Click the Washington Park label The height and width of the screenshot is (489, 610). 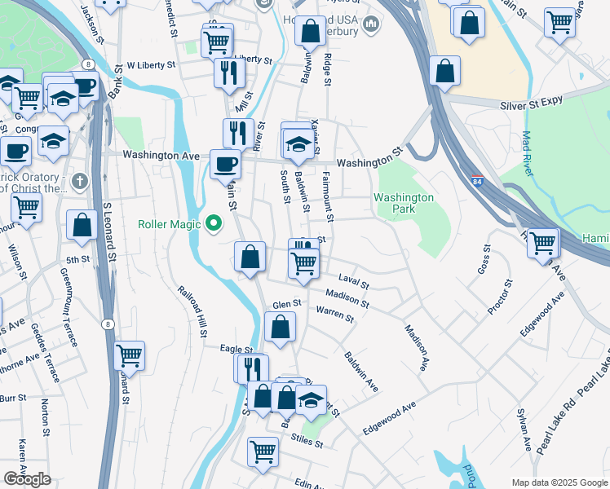tap(404, 203)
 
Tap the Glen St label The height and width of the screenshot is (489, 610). tap(287, 303)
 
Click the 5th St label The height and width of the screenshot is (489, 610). tap(77, 260)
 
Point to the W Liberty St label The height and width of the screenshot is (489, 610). tap(151, 64)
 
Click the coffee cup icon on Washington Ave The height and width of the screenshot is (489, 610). tap(226, 163)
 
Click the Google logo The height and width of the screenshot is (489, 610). tap(27, 479)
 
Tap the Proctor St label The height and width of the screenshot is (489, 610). tap(500, 297)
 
